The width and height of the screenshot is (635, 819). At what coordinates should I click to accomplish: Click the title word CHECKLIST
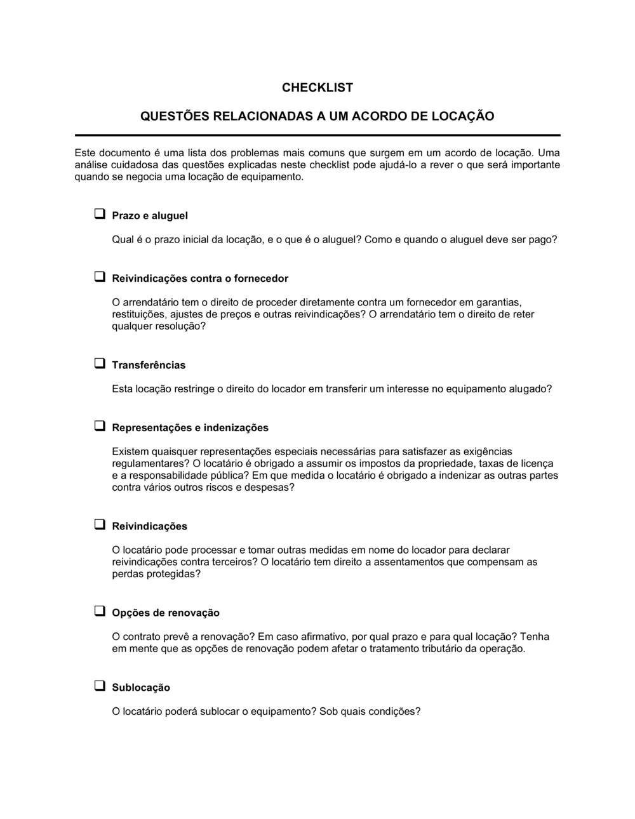click(x=317, y=88)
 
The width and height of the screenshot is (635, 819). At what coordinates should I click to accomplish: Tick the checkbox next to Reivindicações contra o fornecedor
click(x=100, y=277)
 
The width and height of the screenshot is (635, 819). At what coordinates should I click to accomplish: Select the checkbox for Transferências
click(x=100, y=364)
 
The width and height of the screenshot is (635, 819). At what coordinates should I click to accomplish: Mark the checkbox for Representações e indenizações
click(x=100, y=427)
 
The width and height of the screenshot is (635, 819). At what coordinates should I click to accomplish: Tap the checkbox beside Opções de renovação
click(x=100, y=611)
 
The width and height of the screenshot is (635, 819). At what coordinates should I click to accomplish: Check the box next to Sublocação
click(x=100, y=686)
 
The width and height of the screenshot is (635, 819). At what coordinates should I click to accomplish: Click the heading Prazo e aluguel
click(x=150, y=216)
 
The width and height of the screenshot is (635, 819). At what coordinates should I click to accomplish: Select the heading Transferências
click(x=149, y=365)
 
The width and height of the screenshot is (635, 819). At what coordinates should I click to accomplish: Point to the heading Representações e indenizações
click(x=190, y=428)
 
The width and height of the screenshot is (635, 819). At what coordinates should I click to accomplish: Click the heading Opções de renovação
click(x=166, y=613)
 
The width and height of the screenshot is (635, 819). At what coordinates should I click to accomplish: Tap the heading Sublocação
click(x=141, y=688)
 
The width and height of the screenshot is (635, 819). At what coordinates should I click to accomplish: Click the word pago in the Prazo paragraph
click(x=544, y=240)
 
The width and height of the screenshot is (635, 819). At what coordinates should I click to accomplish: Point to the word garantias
click(x=500, y=303)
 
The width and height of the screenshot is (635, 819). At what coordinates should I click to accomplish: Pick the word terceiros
click(x=232, y=562)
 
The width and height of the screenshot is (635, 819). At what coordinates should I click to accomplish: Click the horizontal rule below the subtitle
click(x=317, y=135)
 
